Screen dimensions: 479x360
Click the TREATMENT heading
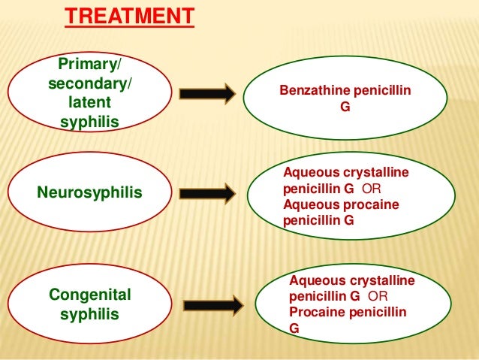(x=129, y=16)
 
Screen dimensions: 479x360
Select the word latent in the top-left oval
(x=89, y=101)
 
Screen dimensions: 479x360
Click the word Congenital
(x=89, y=294)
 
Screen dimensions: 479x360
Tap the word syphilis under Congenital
(x=89, y=314)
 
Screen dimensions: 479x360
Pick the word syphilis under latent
(x=89, y=121)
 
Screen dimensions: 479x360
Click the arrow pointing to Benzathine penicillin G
(x=206, y=95)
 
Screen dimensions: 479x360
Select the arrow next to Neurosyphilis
(x=206, y=194)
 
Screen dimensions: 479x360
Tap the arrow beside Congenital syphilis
(x=213, y=305)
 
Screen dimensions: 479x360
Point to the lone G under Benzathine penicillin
(x=345, y=107)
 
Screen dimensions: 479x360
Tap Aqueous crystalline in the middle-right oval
(x=346, y=173)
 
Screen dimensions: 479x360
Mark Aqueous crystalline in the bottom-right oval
(x=351, y=280)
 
